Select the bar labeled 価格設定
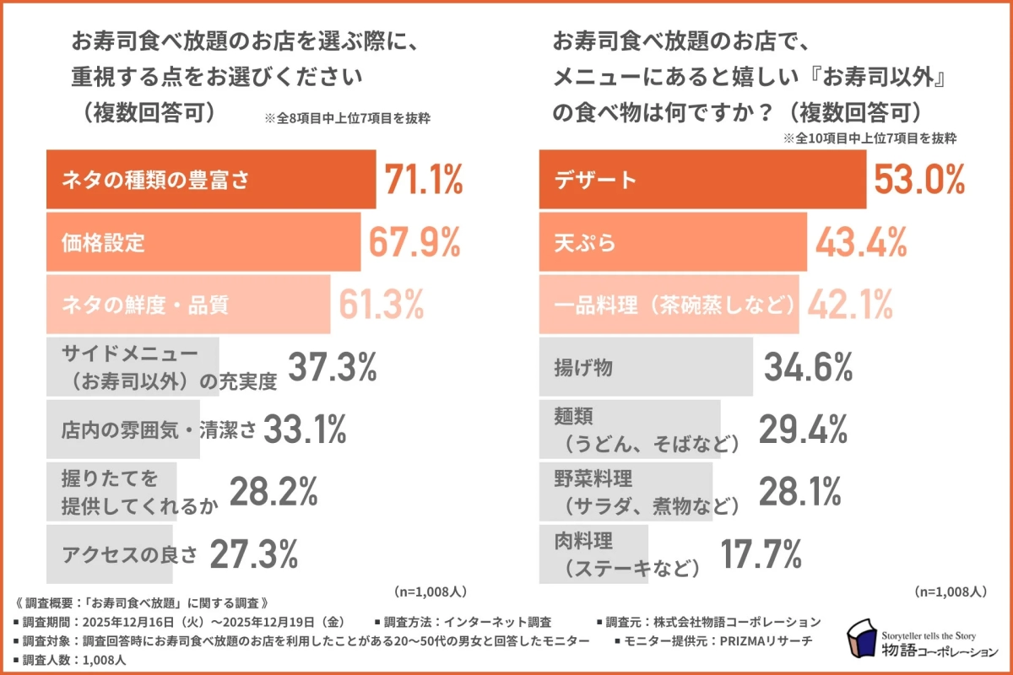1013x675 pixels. pyautogui.click(x=203, y=243)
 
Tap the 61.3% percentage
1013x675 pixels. pyautogui.click(x=382, y=305)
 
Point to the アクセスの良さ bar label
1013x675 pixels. pyautogui.click(x=129, y=555)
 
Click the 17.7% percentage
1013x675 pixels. pyautogui.click(x=761, y=554)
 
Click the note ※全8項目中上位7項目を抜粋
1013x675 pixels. pyautogui.click(x=348, y=118)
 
